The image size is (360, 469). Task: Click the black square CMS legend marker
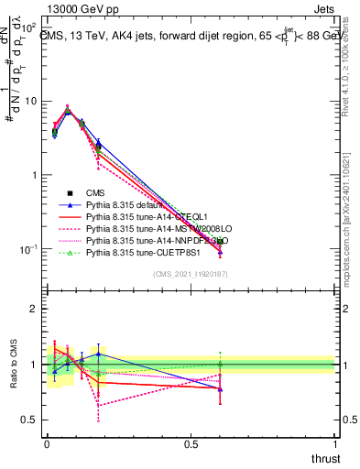pyautogui.click(x=69, y=192)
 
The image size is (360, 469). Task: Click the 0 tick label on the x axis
pyautogui.click(x=47, y=444)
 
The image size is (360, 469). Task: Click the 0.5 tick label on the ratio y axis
pyautogui.click(x=31, y=420)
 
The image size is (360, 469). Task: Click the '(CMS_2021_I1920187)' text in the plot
pyautogui.click(x=191, y=274)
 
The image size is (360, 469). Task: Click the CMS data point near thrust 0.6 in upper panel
pyautogui.click(x=220, y=241)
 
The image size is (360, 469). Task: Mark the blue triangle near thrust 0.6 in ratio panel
pyautogui.click(x=220, y=389)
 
